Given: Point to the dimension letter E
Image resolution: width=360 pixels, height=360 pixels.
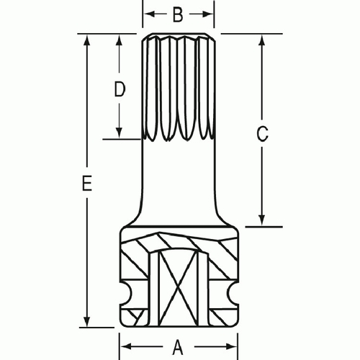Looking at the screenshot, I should pos(87,185).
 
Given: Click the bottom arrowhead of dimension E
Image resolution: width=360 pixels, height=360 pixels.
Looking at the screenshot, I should pos(87,321).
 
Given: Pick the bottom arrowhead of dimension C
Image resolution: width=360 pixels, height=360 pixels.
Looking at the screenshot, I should pos(261,222).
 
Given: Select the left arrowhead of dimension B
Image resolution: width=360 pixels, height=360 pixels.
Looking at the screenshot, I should pos(147,13).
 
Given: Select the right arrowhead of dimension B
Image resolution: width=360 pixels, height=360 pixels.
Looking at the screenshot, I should pos(211,13).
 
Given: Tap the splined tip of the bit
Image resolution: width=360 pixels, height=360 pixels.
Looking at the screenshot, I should pos(179,86).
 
